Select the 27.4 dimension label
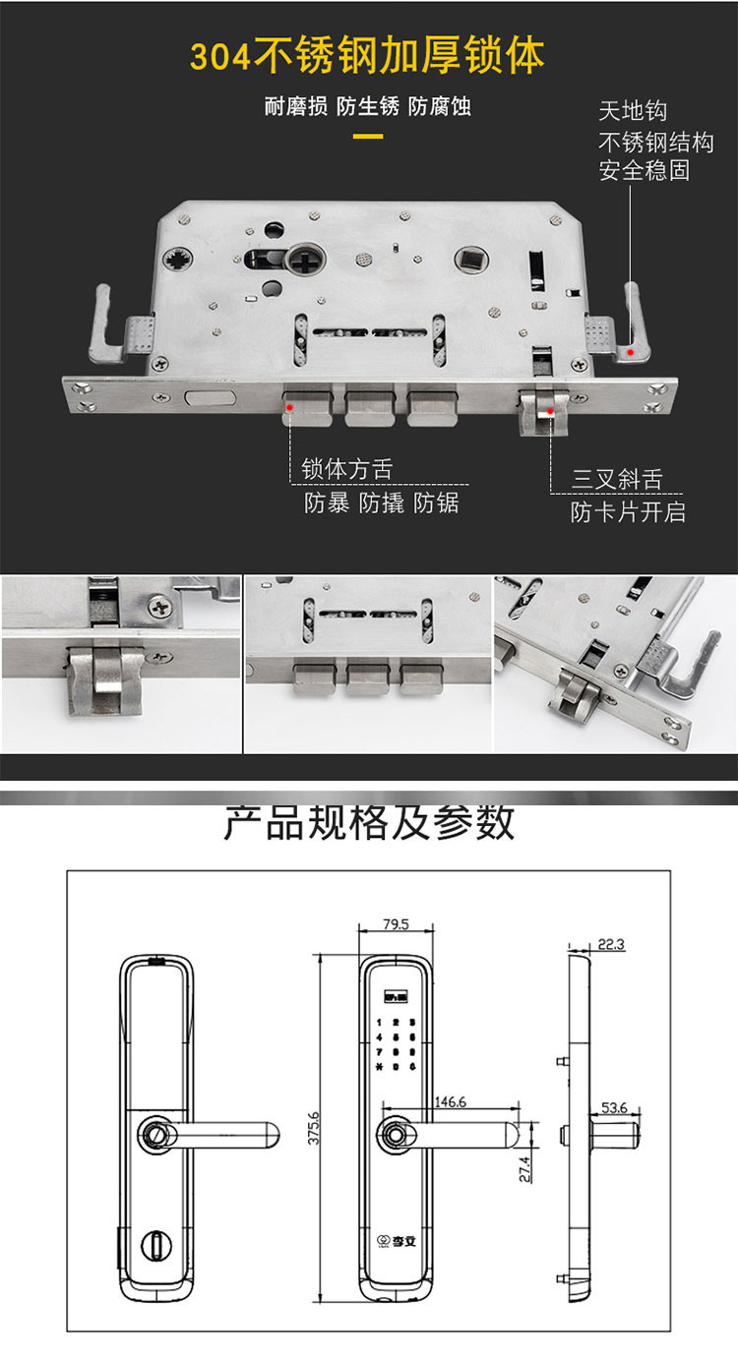tap(525, 1168)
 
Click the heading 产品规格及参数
tap(369, 822)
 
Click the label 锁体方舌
tap(347, 469)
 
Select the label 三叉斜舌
tap(618, 480)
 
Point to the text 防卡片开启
tap(629, 511)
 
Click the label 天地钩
tap(633, 111)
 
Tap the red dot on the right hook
tap(631, 350)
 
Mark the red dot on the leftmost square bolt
tap(289, 404)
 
